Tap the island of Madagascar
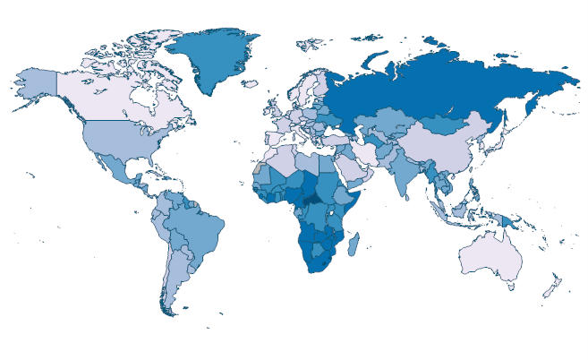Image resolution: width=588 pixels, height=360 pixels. [354, 244]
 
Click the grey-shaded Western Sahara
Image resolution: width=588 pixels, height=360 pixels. [258, 169]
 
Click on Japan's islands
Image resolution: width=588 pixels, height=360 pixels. [502, 140]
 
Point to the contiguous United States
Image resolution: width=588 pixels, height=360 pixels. [116, 139]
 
